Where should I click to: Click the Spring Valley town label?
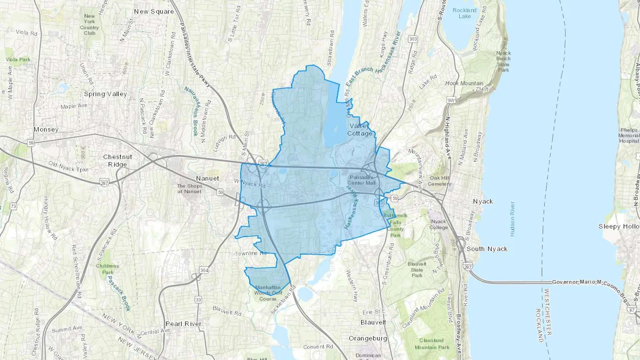[x=105, y=94]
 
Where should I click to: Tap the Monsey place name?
[x=46, y=130]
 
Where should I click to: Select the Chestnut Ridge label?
[x=117, y=161]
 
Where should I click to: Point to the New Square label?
[x=154, y=12]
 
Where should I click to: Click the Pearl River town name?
[x=183, y=324]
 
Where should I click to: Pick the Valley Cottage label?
[x=360, y=130]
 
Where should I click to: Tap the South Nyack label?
[x=487, y=249]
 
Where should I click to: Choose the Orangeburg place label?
[x=368, y=338]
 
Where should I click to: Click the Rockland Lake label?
[x=464, y=13]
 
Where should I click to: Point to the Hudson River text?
[x=512, y=219]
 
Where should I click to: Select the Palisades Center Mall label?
[x=361, y=180]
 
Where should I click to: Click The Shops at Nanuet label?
[x=190, y=189]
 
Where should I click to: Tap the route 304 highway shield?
[x=204, y=270]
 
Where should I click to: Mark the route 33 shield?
[x=198, y=300]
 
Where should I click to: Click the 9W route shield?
[x=451, y=101]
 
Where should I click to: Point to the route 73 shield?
[x=14, y=206]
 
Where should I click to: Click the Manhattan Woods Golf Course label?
[x=268, y=293]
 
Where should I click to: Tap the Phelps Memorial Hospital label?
[x=629, y=135]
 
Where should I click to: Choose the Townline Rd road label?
[x=251, y=253]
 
